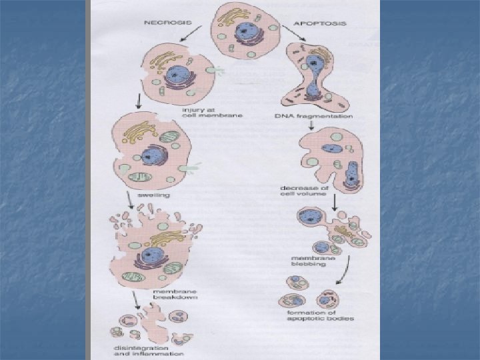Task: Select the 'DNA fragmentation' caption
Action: [x=313, y=117]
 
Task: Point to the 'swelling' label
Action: [x=153, y=196]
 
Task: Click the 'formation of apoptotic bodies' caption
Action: [x=311, y=315]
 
